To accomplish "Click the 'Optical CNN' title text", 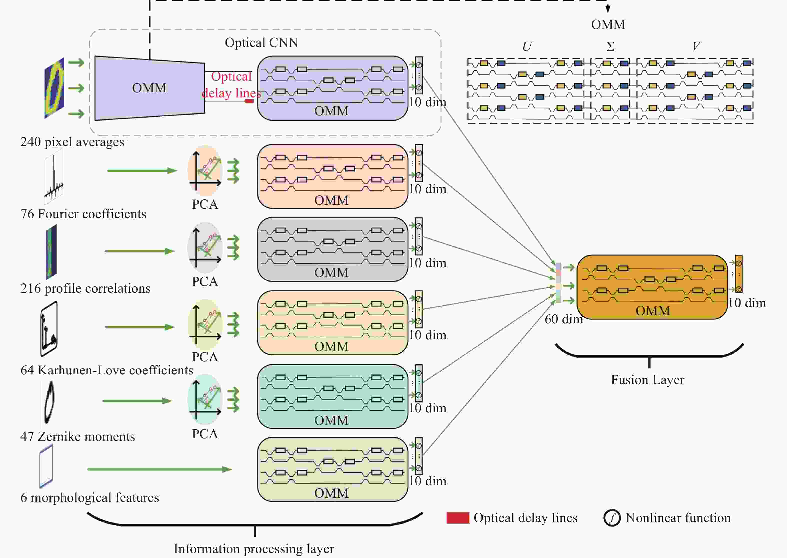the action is (x=261, y=43).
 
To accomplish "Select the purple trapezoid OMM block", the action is (x=150, y=88).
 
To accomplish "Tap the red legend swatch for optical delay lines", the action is (x=458, y=518).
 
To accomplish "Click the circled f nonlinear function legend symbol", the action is (x=612, y=518).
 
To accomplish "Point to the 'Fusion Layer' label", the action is (x=647, y=380).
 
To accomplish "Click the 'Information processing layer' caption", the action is (x=254, y=548).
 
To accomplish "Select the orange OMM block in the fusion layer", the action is (x=652, y=287).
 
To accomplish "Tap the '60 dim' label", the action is (x=564, y=319).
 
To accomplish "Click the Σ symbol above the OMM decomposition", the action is (x=610, y=46).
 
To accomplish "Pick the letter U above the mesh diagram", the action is (x=527, y=46).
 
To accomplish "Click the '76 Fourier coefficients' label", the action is (x=83, y=214).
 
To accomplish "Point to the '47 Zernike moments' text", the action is (x=78, y=436).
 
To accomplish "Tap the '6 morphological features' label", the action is (x=90, y=498).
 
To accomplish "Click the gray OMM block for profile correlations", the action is (x=333, y=249).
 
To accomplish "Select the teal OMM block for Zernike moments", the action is (x=333, y=396).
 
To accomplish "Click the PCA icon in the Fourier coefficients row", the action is (x=205, y=171).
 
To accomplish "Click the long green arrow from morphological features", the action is (x=160, y=469).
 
